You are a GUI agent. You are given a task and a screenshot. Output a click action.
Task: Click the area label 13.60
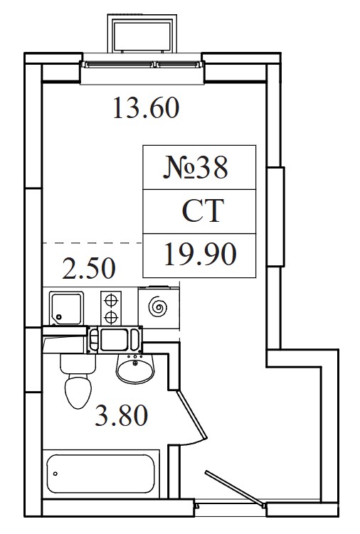146,108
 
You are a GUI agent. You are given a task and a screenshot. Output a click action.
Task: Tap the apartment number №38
196,167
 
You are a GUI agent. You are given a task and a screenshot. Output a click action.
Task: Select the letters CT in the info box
203,210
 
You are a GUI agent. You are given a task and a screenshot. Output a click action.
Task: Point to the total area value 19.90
200,254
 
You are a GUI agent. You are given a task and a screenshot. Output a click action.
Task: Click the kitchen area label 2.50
90,268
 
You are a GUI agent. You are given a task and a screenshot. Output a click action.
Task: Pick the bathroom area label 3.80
122,415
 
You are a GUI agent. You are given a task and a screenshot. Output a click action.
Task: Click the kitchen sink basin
66,308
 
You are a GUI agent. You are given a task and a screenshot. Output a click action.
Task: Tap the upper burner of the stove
111,300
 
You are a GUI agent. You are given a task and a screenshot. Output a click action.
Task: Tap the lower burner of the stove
111,317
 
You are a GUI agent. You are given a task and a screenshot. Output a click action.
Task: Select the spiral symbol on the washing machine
158,308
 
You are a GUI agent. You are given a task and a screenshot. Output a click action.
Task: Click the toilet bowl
78,391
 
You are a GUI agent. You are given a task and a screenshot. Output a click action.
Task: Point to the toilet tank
78,364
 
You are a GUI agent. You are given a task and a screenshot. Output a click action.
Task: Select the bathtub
100,474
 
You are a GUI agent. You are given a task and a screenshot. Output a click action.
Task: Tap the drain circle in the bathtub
55,474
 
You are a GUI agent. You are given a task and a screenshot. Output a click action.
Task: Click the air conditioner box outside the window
142,33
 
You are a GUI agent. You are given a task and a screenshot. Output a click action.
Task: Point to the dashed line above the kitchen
92,242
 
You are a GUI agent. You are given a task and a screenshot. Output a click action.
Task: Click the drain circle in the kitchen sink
59,316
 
